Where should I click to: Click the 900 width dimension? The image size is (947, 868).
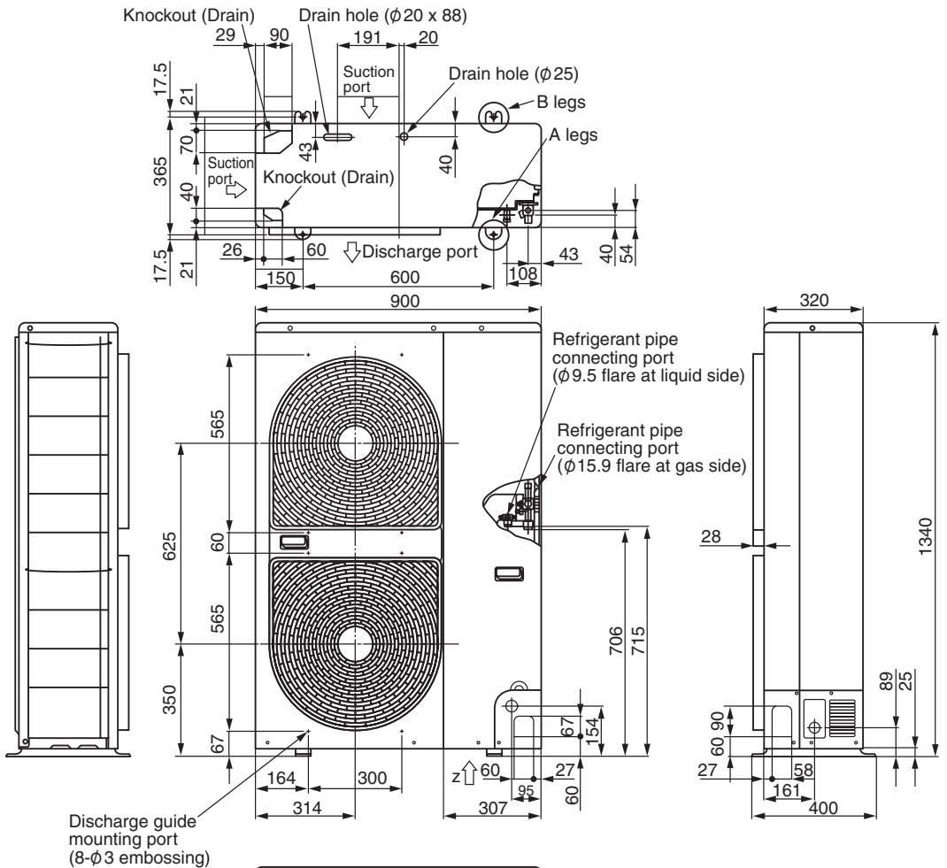point(404,301)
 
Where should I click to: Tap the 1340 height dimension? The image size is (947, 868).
point(925,536)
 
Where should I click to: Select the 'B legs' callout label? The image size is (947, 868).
point(561,102)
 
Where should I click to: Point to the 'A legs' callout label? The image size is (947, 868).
point(574,134)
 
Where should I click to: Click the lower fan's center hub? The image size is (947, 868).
point(355,645)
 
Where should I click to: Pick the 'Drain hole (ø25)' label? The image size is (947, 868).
point(513,73)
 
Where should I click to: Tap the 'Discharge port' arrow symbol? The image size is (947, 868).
point(352,252)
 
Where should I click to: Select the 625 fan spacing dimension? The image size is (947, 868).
point(170,546)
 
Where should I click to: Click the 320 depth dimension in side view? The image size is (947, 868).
point(814,300)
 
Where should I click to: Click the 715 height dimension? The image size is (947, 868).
point(638,641)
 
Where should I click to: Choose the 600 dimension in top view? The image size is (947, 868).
point(404,277)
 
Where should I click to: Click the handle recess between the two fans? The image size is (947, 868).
point(294,542)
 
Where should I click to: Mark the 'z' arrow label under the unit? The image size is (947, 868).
point(457,777)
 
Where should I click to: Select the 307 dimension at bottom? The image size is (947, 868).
point(493,808)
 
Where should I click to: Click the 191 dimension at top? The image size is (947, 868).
point(367,37)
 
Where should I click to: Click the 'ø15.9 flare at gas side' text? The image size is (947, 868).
point(652,466)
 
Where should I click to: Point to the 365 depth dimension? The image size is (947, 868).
point(160,172)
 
